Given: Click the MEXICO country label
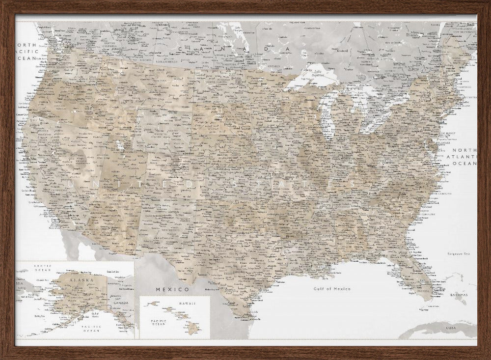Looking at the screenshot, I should (x=172, y=289).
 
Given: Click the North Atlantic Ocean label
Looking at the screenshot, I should (x=464, y=157).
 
